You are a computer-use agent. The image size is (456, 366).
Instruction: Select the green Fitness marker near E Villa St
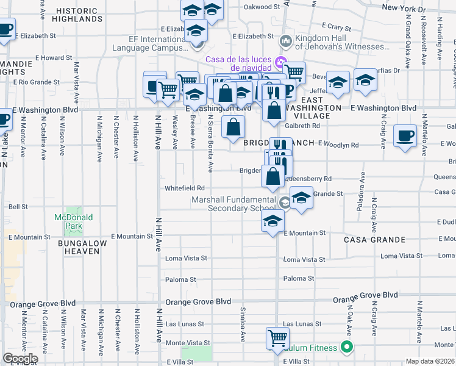point(347,348)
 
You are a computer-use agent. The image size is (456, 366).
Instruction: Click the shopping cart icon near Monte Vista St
point(277,338)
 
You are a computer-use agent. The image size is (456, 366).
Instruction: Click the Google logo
point(20,359)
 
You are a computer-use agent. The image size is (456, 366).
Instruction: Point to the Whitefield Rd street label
point(184,188)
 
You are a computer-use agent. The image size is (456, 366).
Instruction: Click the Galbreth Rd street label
point(303,126)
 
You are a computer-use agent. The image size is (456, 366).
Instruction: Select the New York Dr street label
point(404,9)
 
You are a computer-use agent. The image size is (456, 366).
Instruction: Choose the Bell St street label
point(18,207)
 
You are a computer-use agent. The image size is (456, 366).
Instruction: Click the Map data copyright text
point(430,361)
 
